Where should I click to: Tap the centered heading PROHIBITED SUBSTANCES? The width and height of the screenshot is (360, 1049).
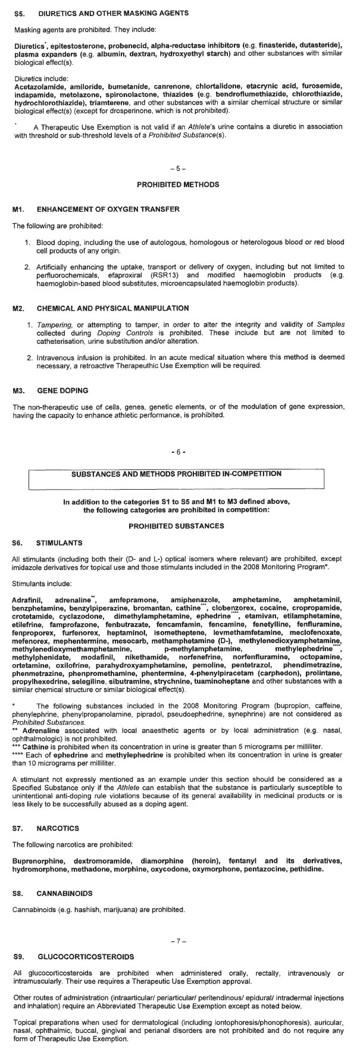[176, 526]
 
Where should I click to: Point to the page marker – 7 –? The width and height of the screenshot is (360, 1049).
[178, 941]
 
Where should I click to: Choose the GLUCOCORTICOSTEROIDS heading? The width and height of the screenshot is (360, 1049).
[86, 956]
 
